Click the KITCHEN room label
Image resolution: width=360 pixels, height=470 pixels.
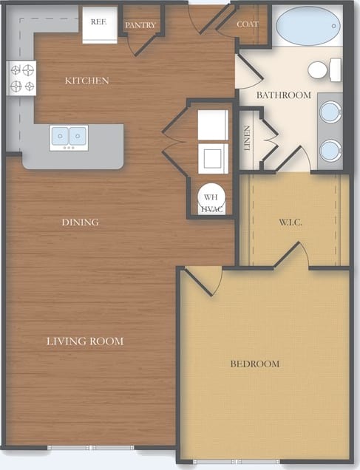[x=86, y=81]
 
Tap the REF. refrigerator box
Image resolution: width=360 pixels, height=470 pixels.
[x=99, y=22]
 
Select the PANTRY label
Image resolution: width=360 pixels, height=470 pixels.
[x=140, y=24]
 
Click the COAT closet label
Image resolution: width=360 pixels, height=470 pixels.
[x=248, y=24]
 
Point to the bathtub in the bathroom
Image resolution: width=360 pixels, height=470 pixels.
[x=308, y=27]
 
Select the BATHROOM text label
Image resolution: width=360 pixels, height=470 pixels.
[x=283, y=95]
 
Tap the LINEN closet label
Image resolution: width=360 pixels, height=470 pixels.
[x=248, y=138]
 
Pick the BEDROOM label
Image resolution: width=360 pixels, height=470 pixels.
[x=254, y=364]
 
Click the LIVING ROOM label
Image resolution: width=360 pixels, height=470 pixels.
[x=85, y=341]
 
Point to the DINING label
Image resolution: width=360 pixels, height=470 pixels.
[x=81, y=222]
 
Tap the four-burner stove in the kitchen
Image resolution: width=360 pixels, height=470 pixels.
[x=21, y=78]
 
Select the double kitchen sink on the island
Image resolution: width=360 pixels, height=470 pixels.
[x=69, y=137]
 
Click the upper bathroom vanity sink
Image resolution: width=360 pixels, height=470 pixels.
[x=330, y=112]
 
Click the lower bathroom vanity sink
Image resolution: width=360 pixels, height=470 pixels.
[x=330, y=150]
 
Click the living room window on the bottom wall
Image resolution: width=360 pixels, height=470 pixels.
[x=91, y=448]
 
